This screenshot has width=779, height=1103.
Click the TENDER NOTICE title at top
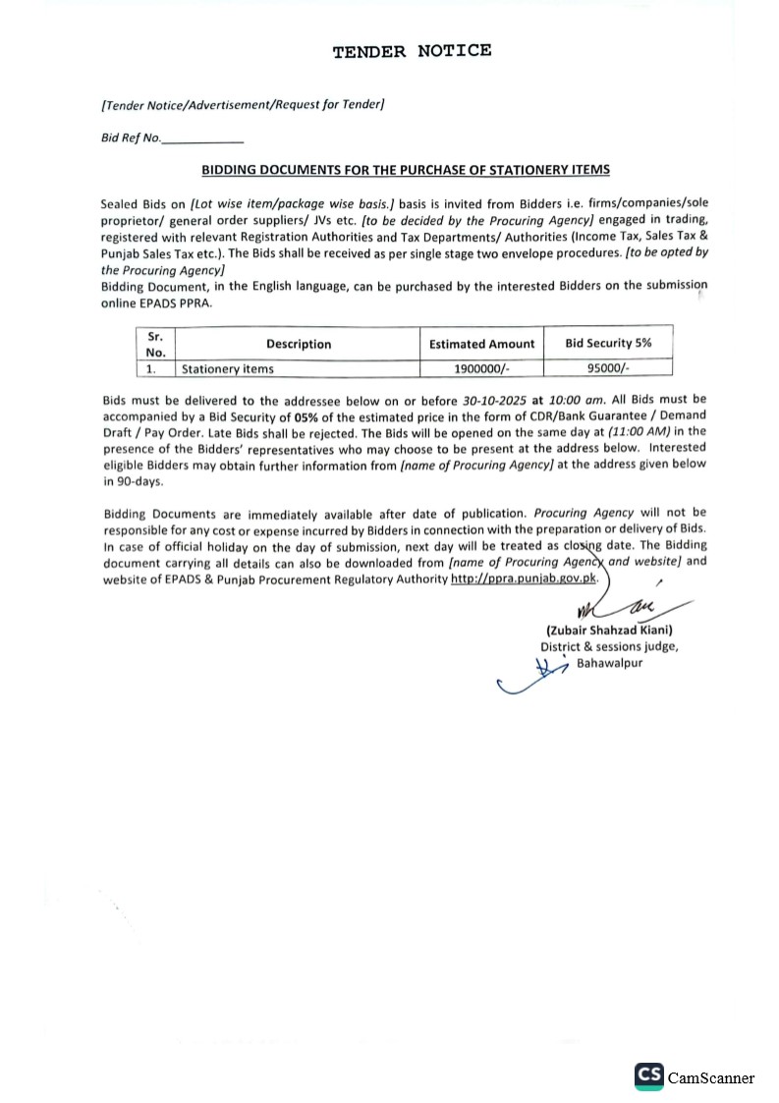click(412, 51)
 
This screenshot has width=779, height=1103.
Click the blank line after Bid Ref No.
click(202, 139)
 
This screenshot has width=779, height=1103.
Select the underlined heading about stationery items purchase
click(406, 170)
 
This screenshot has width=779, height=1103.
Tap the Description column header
click(299, 344)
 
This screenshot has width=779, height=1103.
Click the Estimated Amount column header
click(482, 344)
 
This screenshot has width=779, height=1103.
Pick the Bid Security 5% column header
click(608, 343)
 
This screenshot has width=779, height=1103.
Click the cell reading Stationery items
click(228, 369)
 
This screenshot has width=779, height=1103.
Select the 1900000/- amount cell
click(482, 369)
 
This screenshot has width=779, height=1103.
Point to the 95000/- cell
click(609, 369)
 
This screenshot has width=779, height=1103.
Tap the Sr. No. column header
click(155, 344)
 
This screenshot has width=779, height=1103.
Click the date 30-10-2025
click(495, 401)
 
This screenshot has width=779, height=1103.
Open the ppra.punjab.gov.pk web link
click(523, 579)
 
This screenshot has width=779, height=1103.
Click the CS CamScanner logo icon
click(649, 1076)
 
